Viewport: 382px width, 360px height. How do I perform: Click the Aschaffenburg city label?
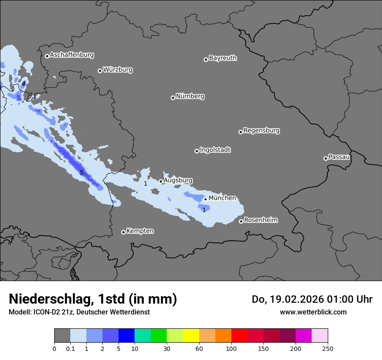72,55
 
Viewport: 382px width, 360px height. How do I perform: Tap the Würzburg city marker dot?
100,71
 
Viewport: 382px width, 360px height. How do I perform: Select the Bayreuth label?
223,58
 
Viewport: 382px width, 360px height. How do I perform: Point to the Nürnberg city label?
190,96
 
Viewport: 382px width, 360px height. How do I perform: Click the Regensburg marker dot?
240,132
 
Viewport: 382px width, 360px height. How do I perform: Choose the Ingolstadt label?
215,150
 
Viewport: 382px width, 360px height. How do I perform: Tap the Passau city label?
339,157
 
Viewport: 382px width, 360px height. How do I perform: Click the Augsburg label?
178,180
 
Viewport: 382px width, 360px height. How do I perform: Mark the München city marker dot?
206,200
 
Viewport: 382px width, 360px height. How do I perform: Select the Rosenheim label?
260,220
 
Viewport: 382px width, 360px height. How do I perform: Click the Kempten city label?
140,231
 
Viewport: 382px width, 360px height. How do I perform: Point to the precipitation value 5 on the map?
82,173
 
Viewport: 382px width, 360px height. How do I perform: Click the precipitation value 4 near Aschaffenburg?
24,83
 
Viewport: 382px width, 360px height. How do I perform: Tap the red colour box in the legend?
239,336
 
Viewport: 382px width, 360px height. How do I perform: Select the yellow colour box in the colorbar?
191,336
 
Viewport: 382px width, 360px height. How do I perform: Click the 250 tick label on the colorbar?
328,348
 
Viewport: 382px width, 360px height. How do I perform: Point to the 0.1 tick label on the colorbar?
70,348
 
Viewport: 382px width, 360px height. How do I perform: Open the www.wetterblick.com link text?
313,312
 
